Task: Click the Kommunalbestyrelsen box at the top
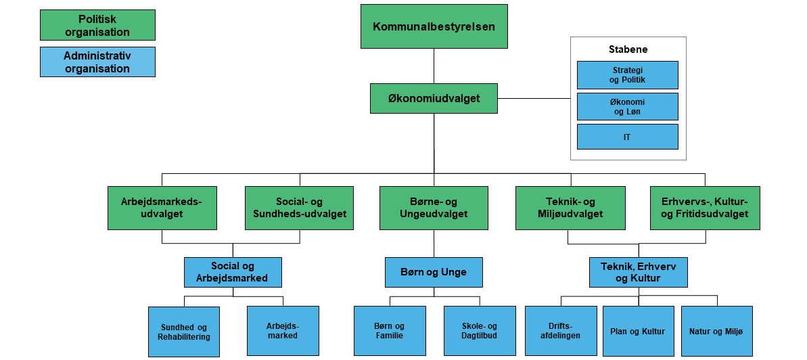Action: coord(434,26)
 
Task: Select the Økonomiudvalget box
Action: coord(434,98)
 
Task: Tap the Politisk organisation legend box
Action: coord(97,25)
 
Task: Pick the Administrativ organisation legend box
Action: coord(97,62)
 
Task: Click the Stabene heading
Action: coord(628,49)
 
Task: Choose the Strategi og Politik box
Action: coord(628,75)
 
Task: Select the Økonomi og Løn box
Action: coord(628,106)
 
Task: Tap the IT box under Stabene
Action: coord(628,137)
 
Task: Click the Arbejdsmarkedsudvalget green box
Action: coord(162,208)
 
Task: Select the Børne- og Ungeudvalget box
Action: coord(434,208)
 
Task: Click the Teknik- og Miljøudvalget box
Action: coord(570,208)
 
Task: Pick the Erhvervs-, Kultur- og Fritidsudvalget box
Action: coord(705,208)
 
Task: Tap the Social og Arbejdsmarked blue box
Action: coord(233,272)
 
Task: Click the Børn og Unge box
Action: coord(434,272)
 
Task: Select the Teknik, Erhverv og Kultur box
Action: coord(639,272)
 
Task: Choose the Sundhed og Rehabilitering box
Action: coord(184,332)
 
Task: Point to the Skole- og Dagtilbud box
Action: coord(480,331)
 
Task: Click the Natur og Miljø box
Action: coord(716,331)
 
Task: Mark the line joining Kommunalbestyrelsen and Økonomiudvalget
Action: coord(434,66)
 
